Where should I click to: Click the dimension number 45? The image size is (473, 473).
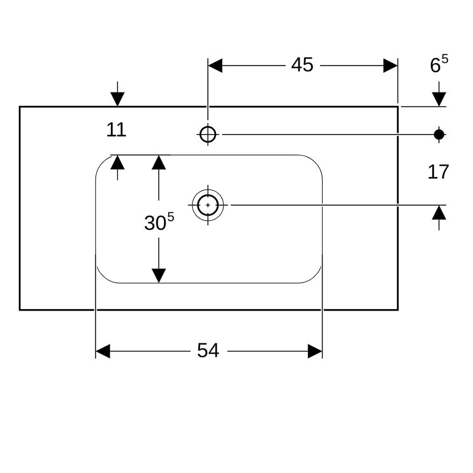[x=302, y=65]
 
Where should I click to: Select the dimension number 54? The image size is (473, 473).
[x=208, y=351]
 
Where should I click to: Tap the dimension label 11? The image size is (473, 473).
[x=116, y=130]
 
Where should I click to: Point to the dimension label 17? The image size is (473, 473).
[x=438, y=172]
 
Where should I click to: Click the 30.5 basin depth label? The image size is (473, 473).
[x=159, y=222]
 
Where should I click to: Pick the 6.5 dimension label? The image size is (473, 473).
[x=439, y=64]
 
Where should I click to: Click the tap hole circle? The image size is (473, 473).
[x=208, y=134]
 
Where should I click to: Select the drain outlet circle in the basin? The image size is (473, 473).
[x=208, y=205]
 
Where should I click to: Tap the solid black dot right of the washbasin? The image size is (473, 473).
[x=439, y=134]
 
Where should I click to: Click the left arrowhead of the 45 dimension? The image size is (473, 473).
[x=215, y=66]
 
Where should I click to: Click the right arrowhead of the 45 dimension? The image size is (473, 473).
[x=390, y=66]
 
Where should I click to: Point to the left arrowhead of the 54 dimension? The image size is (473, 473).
[x=103, y=351]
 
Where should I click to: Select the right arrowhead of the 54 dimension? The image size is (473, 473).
[x=315, y=351]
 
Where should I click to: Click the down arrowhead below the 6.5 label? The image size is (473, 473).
[x=439, y=99]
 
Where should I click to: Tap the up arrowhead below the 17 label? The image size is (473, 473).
[x=439, y=212]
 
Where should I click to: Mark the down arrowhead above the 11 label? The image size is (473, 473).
[x=117, y=99]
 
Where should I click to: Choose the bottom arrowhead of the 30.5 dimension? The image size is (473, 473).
[x=159, y=276]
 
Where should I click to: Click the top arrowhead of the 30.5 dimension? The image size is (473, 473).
[x=159, y=162]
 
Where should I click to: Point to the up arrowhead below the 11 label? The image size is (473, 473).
[x=117, y=162]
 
